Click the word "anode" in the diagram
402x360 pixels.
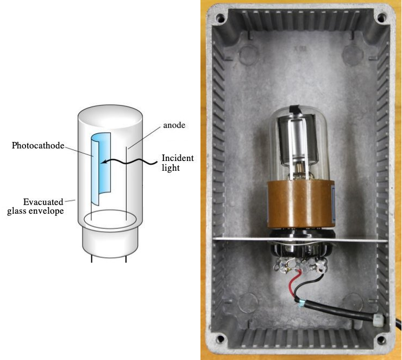click(174, 125)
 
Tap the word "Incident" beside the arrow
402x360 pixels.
click(177, 158)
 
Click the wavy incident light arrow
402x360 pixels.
click(130, 160)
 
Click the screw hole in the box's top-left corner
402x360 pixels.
click(220, 17)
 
